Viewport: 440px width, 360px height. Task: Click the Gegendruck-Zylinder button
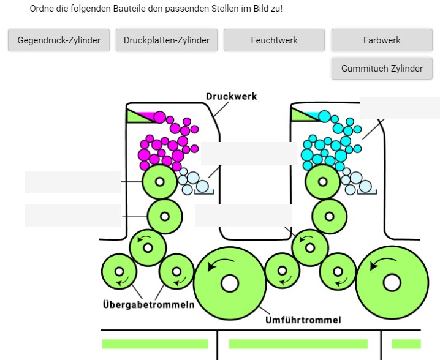click(x=59, y=40)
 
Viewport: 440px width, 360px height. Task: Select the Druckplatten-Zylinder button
click(x=167, y=40)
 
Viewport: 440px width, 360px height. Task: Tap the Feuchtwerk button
click(x=274, y=40)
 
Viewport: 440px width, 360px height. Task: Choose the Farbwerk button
click(x=382, y=40)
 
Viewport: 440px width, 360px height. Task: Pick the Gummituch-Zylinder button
click(x=382, y=69)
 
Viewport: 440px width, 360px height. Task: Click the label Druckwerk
click(x=231, y=96)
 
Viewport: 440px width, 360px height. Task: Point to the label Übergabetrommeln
click(x=148, y=305)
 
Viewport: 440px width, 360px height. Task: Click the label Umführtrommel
click(x=303, y=320)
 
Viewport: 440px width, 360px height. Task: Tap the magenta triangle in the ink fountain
click(x=146, y=116)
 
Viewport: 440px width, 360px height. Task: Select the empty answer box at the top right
click(x=399, y=108)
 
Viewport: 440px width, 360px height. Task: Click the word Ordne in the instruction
click(x=43, y=9)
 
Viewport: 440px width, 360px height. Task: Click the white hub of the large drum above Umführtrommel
click(x=230, y=283)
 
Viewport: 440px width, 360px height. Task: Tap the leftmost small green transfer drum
click(x=118, y=272)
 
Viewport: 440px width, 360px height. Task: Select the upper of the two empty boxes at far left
click(x=73, y=182)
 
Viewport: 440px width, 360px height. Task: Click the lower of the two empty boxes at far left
click(x=73, y=216)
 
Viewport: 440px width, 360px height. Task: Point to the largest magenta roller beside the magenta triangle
click(x=160, y=118)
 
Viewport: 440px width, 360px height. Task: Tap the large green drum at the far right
click(x=390, y=282)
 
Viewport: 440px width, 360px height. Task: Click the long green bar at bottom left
click(x=155, y=344)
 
